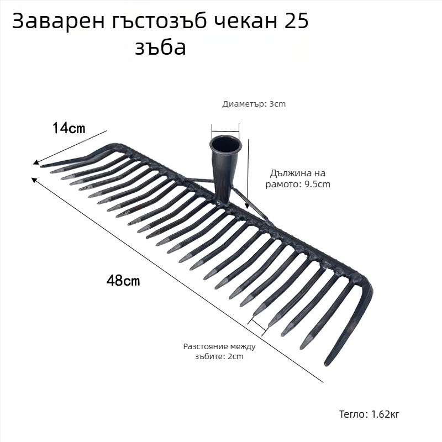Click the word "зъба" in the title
click(160, 48)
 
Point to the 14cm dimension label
click(69, 128)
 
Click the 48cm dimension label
click(123, 280)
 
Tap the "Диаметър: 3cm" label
click(254, 104)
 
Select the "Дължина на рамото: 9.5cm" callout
click(300, 178)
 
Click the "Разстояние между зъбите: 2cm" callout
click(219, 351)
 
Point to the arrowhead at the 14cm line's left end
click(36, 163)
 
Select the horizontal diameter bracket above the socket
click(226, 128)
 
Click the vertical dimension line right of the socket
click(248, 171)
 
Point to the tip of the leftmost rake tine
click(43, 165)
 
